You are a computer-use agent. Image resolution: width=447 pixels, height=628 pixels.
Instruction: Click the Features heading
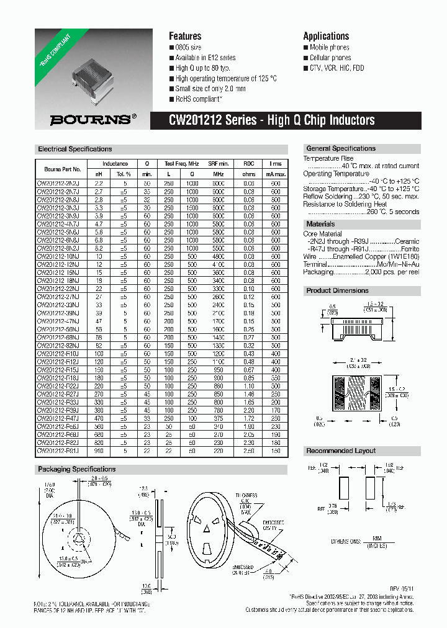coord(185,36)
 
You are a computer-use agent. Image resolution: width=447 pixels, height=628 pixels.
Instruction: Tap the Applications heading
coord(326,36)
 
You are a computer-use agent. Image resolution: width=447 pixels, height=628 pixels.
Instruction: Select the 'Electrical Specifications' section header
coord(75,149)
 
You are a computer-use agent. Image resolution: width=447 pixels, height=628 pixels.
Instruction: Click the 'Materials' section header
coord(320,224)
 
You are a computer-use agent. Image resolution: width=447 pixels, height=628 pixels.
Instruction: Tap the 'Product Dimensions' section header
coord(337,290)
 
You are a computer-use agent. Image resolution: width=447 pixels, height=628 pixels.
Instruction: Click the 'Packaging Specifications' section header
coord(77,469)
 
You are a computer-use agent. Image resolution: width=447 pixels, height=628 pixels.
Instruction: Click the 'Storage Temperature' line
coord(361,189)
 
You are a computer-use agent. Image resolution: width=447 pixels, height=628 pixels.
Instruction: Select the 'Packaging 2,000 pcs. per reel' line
coord(361,272)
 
